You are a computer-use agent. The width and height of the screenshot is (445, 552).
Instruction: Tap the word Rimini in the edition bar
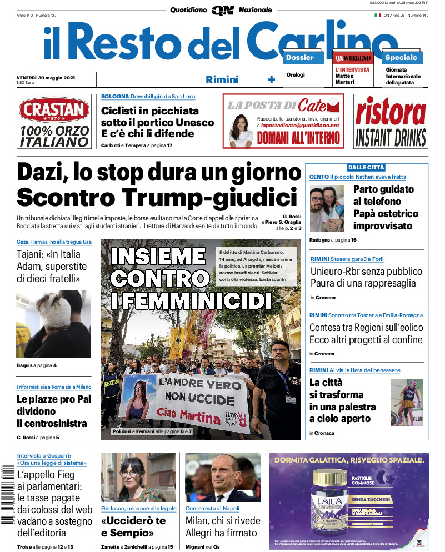[222, 79]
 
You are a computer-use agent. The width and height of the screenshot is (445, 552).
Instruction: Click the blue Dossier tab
[300, 58]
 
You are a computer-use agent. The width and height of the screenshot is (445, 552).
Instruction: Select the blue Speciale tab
[401, 58]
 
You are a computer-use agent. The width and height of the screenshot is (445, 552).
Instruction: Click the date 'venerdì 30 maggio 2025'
[46, 77]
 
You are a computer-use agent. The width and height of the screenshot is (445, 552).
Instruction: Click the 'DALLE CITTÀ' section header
[366, 167]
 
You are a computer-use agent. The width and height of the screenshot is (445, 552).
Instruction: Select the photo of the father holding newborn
[327, 208]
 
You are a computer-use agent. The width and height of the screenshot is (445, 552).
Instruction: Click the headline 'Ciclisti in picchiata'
[149, 111]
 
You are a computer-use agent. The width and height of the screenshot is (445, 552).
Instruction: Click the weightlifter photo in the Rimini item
[407, 403]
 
